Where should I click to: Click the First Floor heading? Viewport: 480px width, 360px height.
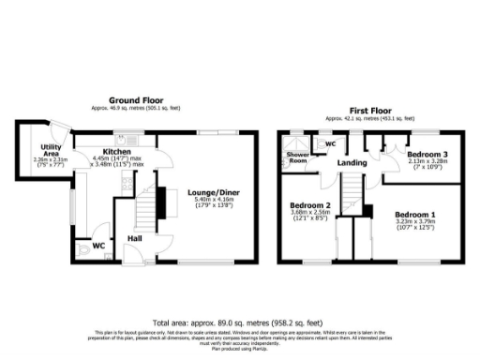coord(370,109)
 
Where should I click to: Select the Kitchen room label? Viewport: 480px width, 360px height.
coord(117,151)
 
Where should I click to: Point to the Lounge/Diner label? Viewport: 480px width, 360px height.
coord(210,187)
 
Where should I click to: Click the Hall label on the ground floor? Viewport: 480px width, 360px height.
coord(135,238)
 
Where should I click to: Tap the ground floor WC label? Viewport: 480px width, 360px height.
coord(97,246)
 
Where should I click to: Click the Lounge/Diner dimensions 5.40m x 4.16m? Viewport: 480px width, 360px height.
coord(210,199)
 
